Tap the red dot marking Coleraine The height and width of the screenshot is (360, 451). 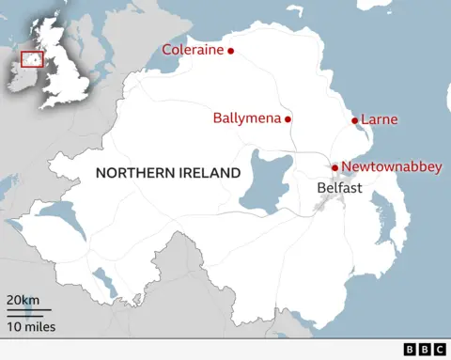point(231,51)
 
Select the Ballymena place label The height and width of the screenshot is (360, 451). point(246,119)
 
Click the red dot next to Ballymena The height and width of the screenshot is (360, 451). point(288,119)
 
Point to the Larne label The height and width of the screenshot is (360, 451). point(380,119)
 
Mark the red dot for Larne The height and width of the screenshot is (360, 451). point(355,120)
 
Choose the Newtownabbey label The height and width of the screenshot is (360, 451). point(391,166)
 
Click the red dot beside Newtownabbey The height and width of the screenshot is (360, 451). point(334,167)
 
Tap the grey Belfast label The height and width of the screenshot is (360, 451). point(340,188)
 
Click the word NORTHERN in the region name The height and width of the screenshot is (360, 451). point(132,173)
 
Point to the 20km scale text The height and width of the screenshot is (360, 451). point(23,299)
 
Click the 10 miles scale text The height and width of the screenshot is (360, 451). point(31,326)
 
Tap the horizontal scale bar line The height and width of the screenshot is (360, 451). point(29,312)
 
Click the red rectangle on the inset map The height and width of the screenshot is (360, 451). point(32,59)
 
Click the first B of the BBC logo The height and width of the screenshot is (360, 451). point(410,350)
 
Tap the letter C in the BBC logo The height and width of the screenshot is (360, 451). point(439,350)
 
